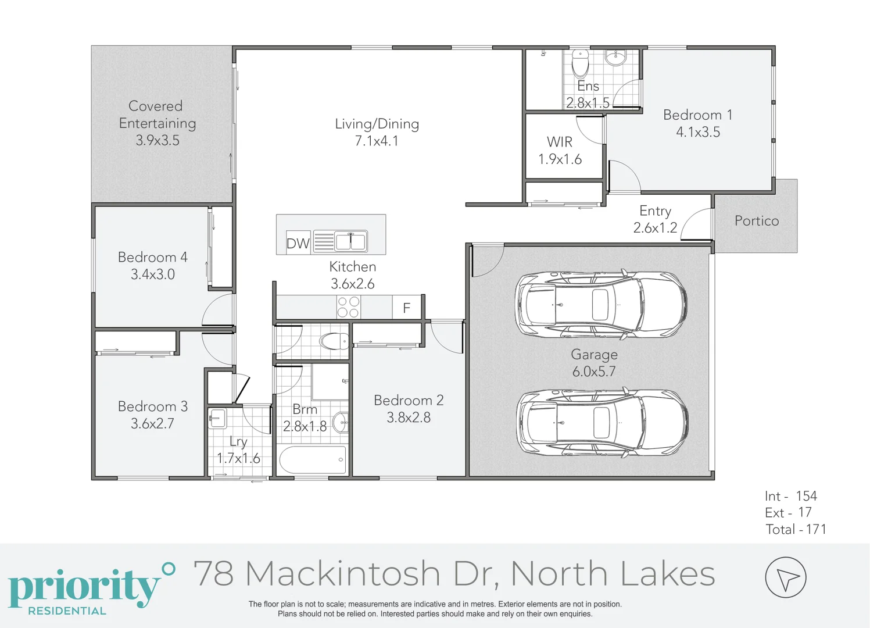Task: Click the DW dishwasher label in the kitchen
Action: coord(298,243)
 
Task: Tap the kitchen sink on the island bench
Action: coord(350,241)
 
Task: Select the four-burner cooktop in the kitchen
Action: coord(348,307)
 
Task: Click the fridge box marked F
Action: coord(406,308)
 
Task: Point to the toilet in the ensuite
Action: coord(580,63)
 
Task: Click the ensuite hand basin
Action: coord(615,58)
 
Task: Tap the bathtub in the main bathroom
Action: coord(313,459)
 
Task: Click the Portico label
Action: coord(756,221)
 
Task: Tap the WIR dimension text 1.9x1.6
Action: coord(560,159)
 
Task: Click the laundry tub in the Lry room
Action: coord(217,418)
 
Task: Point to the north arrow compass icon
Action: coord(785,577)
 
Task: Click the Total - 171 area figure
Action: coord(795,529)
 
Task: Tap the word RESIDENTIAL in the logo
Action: coord(67,611)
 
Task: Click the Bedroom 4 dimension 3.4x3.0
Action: coord(152,274)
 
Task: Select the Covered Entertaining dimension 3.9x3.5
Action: coord(157,140)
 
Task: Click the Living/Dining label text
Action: coord(377,124)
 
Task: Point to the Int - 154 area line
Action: coord(790,496)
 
